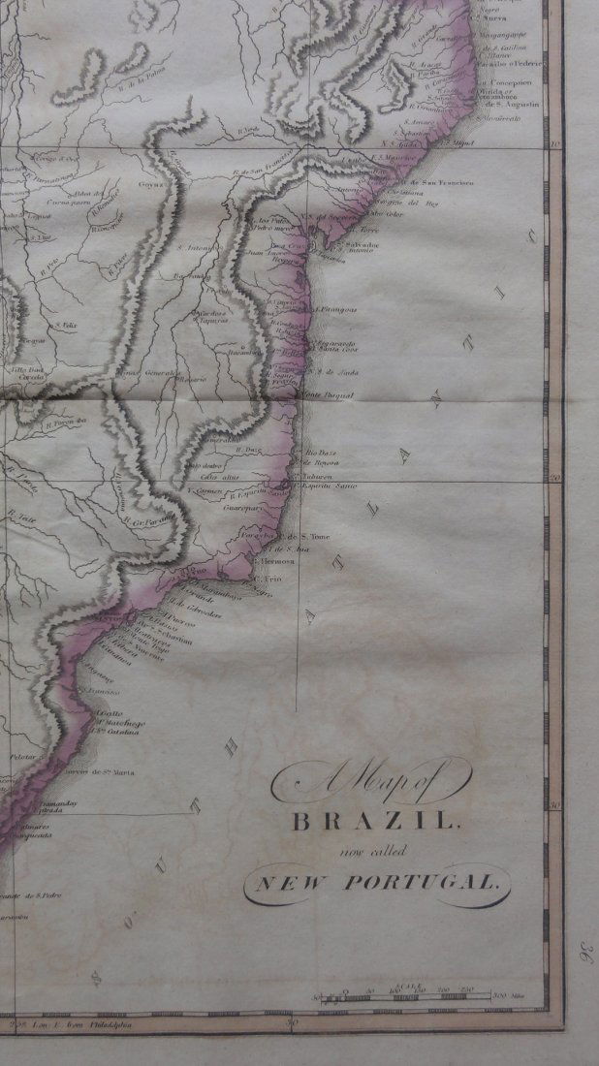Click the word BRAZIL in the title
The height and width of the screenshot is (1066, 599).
pos(372,823)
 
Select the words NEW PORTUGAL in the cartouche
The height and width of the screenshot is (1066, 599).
pos(375,883)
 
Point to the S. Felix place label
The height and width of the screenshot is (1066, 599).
pos(65,325)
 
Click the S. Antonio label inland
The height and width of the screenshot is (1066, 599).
pos(195,245)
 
